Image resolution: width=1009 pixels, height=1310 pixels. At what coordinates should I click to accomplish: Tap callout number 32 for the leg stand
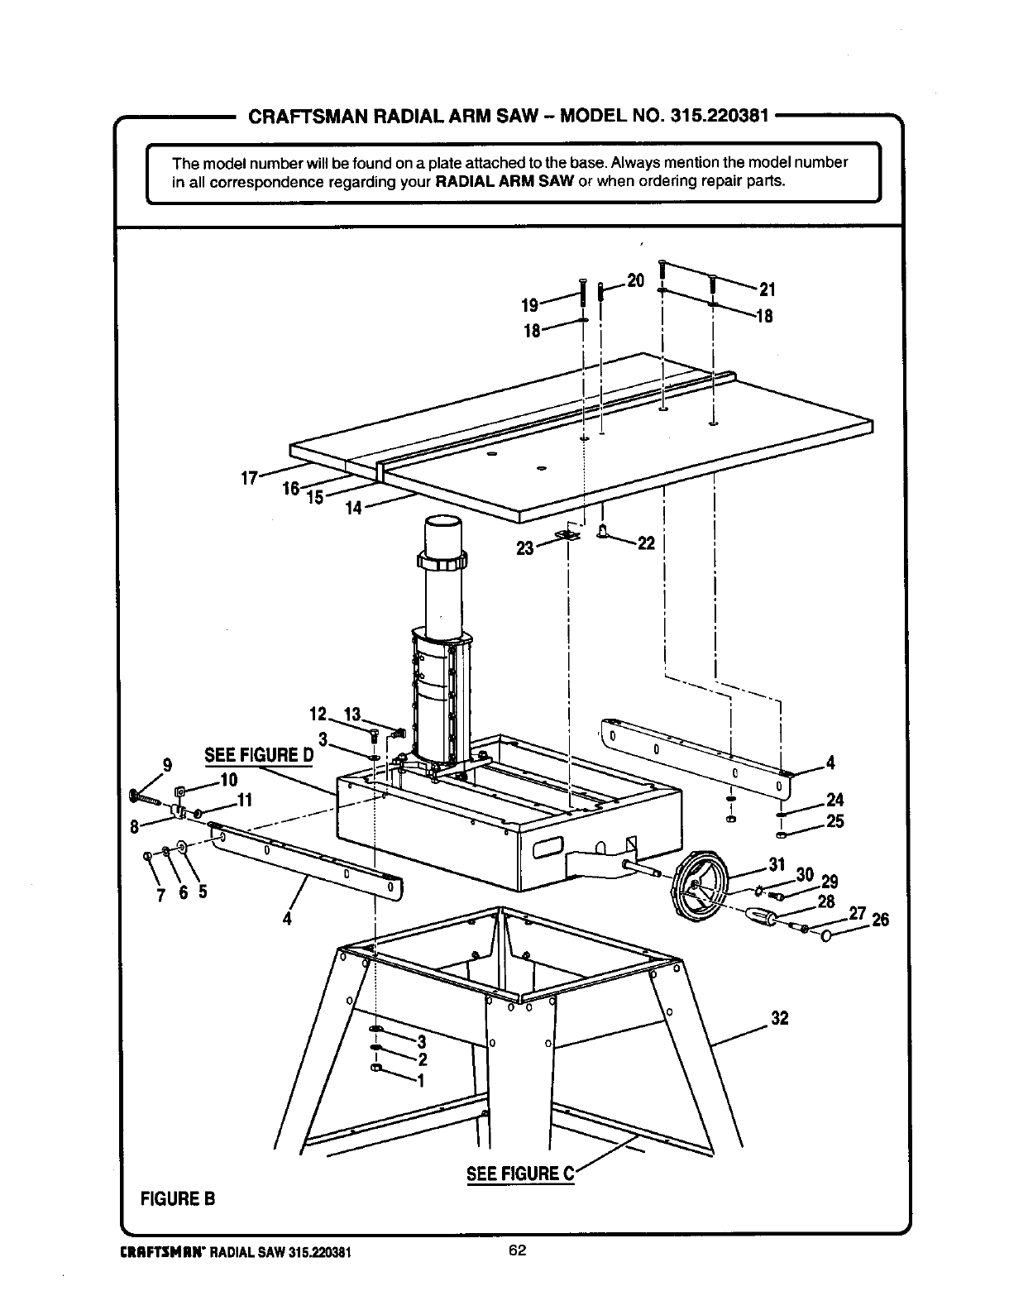779,1018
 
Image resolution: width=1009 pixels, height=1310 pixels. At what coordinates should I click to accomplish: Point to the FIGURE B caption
179,1198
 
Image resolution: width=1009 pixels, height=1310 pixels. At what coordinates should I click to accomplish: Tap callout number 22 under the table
646,543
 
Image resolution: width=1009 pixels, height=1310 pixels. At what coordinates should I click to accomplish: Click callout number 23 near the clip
524,547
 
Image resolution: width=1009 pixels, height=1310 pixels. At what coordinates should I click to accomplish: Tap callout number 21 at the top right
767,289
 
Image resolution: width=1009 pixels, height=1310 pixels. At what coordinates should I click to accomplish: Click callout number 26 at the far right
880,919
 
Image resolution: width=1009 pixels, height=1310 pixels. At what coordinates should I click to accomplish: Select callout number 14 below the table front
353,509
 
